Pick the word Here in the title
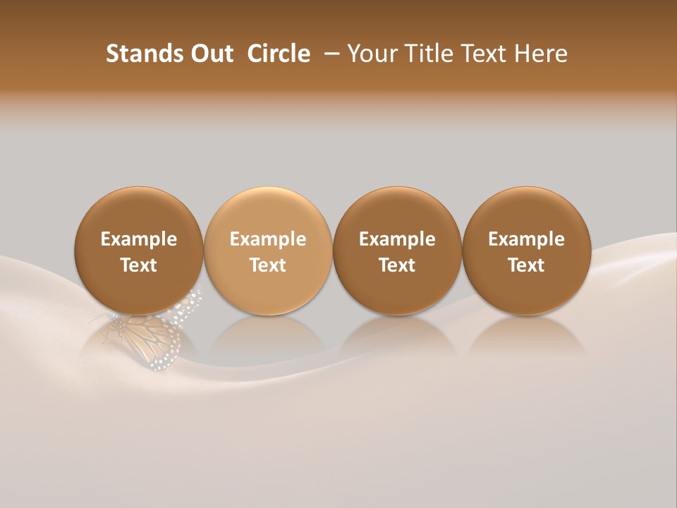pos(541,54)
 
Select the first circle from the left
pos(138,212)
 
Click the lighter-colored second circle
pos(268,212)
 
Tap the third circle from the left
pos(397,212)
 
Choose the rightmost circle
pos(526,212)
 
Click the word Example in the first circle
pos(138,239)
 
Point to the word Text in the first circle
pos(138,265)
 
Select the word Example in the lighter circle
pos(268,239)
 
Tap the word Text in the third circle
pos(397,265)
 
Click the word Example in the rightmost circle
pos(526,239)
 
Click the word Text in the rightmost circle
pos(526,265)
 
